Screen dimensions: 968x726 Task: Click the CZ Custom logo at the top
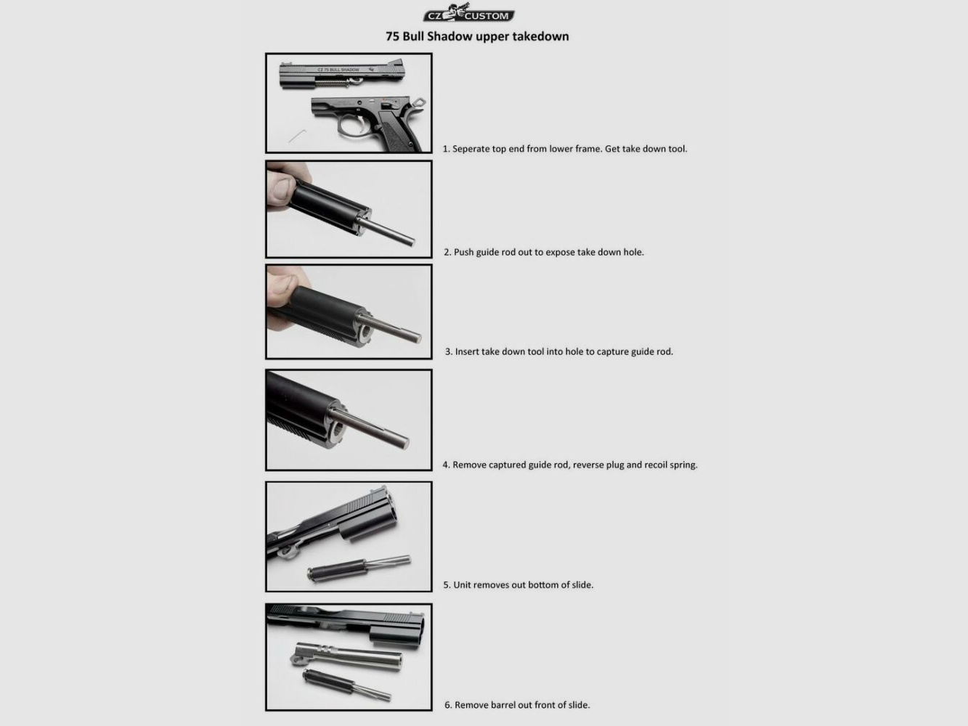[469, 13]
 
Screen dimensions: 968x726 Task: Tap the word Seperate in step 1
[471, 149]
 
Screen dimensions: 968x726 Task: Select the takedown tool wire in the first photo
[297, 136]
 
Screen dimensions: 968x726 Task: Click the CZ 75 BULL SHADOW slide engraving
[338, 70]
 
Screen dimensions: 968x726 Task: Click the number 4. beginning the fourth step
[447, 465]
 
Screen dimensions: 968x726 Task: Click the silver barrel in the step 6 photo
[346, 657]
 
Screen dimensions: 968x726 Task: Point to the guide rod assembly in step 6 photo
[346, 685]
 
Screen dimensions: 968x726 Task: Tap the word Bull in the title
[413, 36]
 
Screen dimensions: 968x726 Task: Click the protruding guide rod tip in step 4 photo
[402, 442]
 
